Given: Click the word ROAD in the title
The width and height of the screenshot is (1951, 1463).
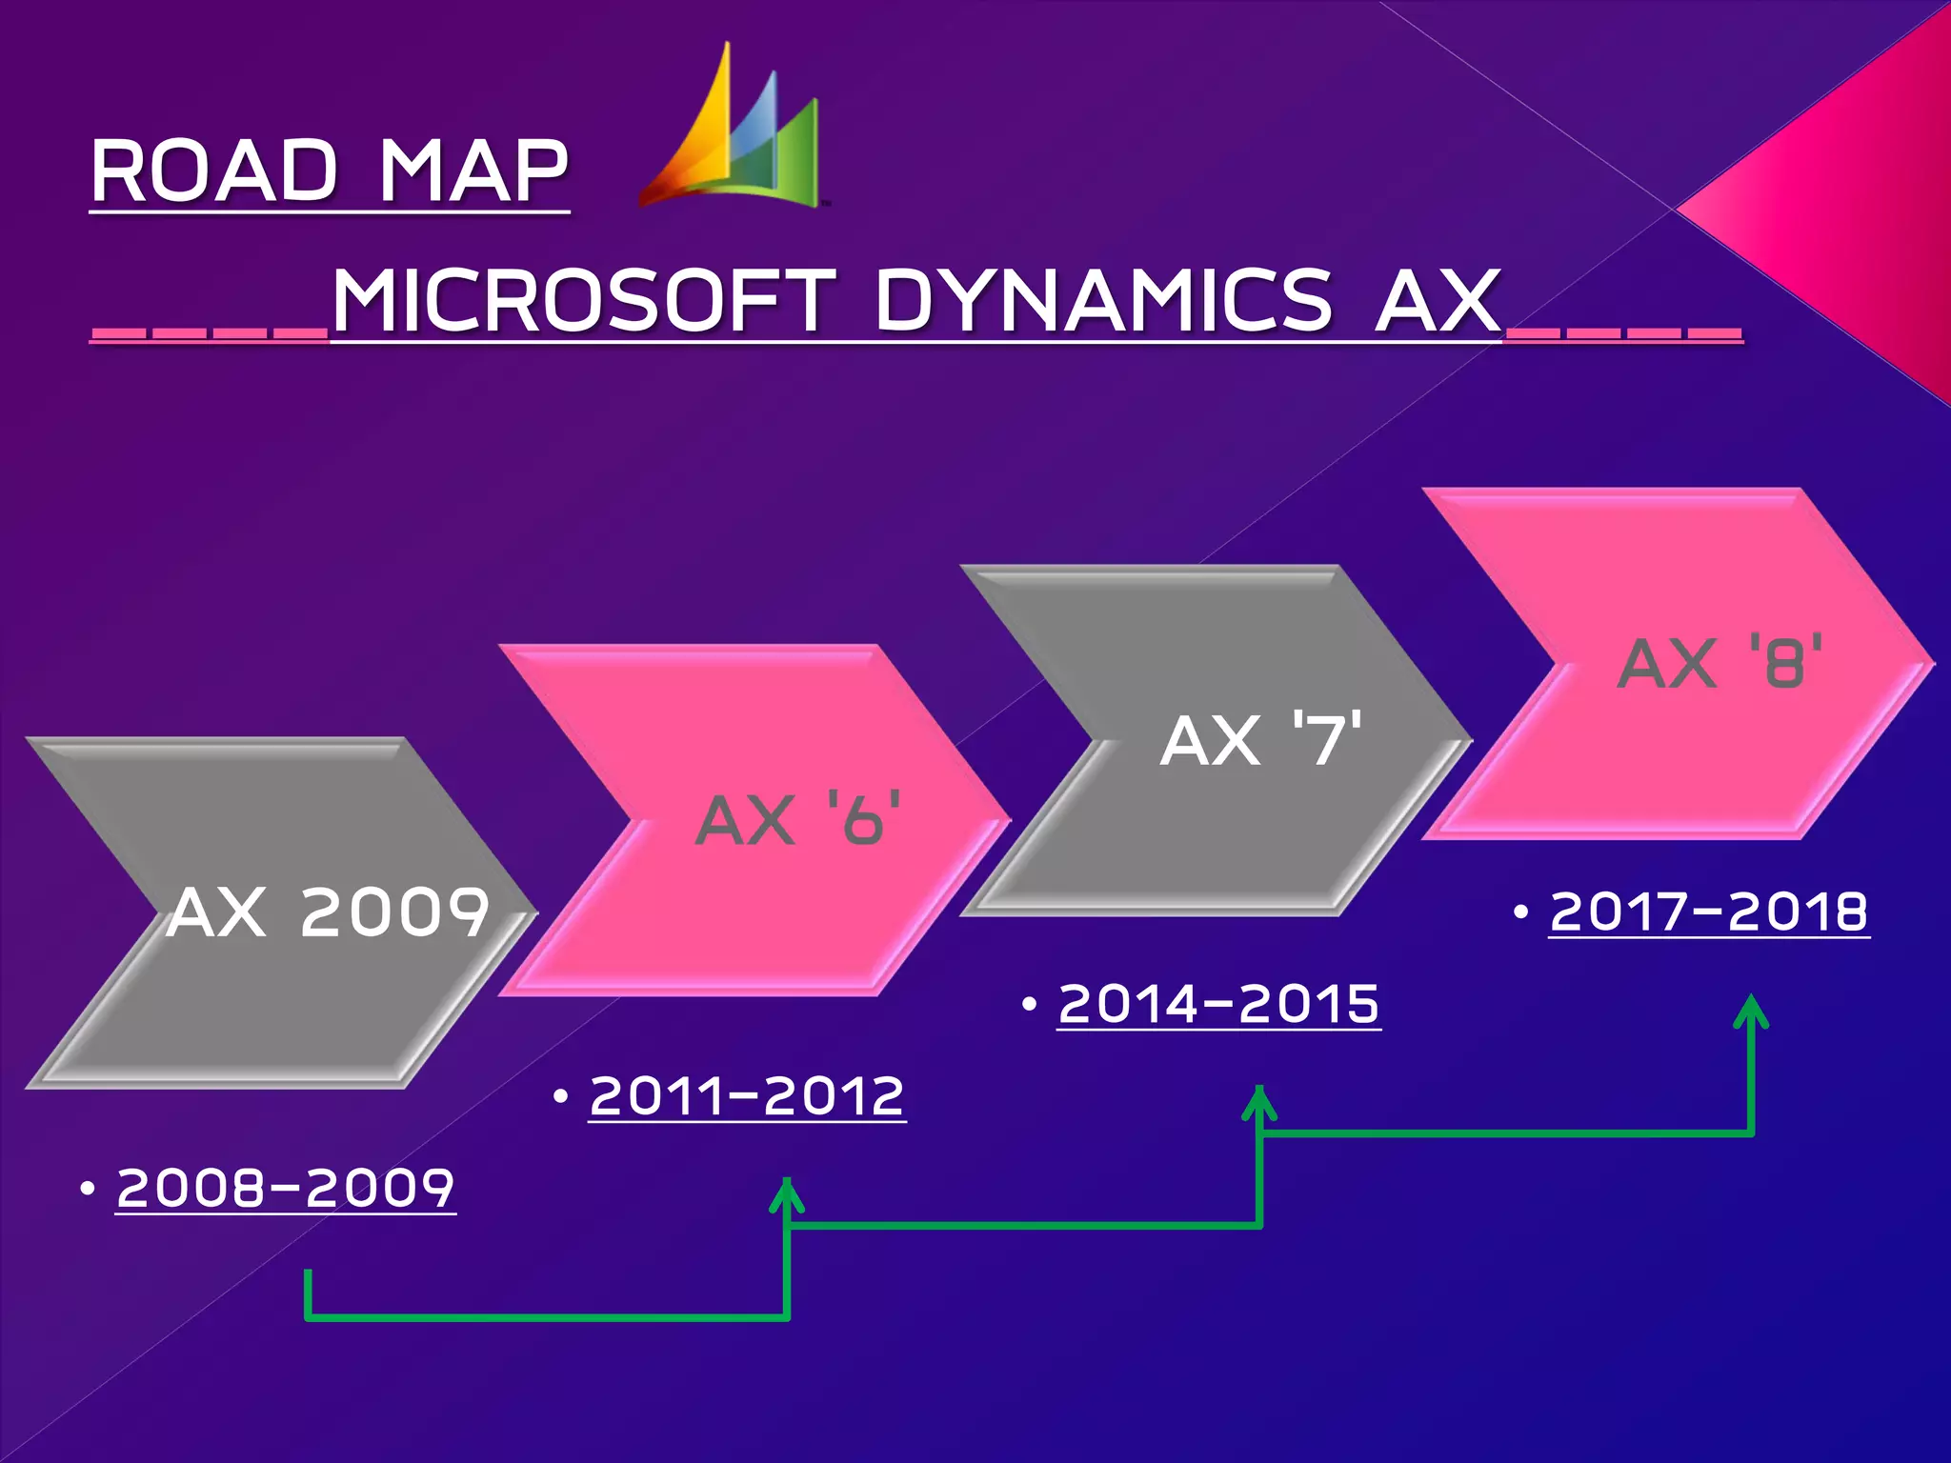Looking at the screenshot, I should tap(214, 171).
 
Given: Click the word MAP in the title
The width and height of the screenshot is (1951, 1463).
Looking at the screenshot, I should tap(473, 171).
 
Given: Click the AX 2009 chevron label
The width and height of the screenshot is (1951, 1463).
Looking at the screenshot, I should tap(329, 912).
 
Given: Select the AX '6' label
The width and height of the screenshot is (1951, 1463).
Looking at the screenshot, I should tap(798, 820).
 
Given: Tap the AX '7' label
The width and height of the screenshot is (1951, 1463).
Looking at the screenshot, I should tap(1260, 740).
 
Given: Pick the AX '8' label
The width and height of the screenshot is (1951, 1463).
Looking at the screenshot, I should tap(1720, 663).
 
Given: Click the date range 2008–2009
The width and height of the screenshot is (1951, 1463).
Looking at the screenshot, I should tap(286, 1188).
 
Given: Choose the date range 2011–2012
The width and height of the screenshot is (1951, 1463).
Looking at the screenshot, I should tap(747, 1095).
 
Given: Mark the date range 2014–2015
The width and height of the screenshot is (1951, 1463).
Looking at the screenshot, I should tap(1218, 1004).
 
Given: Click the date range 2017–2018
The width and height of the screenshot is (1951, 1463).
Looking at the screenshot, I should tap(1709, 912).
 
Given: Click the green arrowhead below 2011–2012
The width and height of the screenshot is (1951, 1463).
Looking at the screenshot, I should tap(787, 1194).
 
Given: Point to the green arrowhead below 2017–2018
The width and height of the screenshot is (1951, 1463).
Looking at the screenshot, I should tap(1751, 1012).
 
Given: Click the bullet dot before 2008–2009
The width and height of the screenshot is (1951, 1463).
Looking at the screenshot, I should tap(88, 1189).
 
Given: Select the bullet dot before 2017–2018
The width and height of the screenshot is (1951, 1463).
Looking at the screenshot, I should tap(1520, 912).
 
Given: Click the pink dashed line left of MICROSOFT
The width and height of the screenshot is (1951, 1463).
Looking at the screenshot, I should tap(210, 333).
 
